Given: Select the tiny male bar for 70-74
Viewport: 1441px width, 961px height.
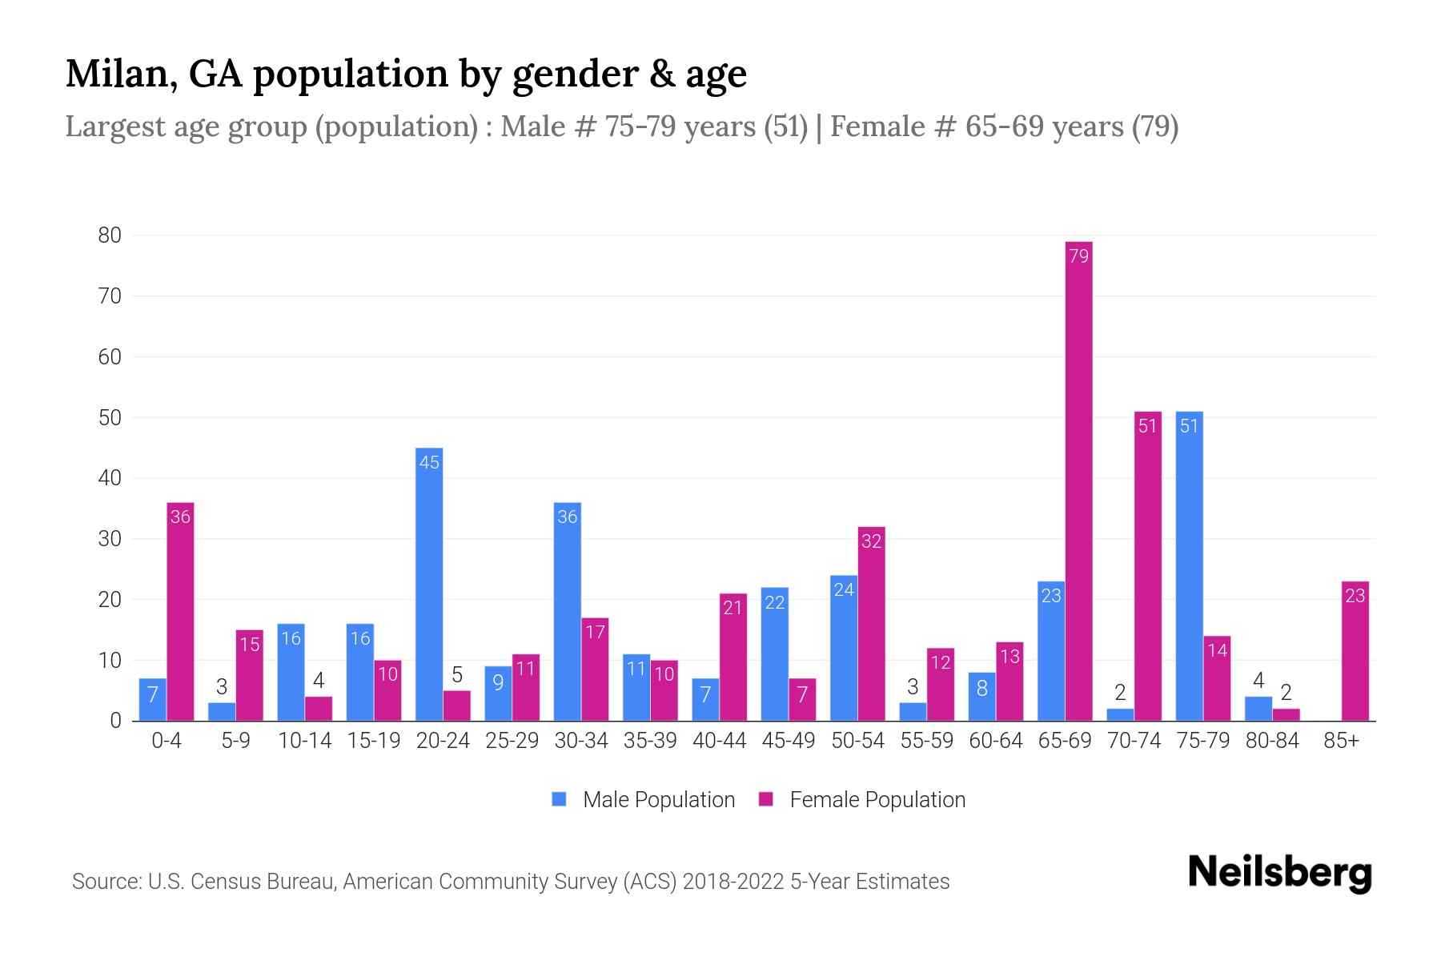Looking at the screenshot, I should point(1120,714).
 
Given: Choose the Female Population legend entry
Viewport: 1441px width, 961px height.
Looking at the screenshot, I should point(862,799).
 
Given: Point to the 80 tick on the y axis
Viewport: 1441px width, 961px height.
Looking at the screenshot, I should point(110,235).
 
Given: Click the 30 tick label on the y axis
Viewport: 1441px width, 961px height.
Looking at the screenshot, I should point(110,539).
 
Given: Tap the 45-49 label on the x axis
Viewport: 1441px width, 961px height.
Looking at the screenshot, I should point(789,741).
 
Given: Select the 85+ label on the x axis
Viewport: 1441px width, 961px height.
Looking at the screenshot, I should point(1341,741).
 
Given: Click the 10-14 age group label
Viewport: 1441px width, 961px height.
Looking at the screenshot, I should point(304,741).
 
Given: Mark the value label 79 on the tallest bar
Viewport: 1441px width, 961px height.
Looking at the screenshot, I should point(1078,256).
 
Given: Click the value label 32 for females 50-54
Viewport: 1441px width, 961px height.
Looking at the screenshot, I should point(871,541).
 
